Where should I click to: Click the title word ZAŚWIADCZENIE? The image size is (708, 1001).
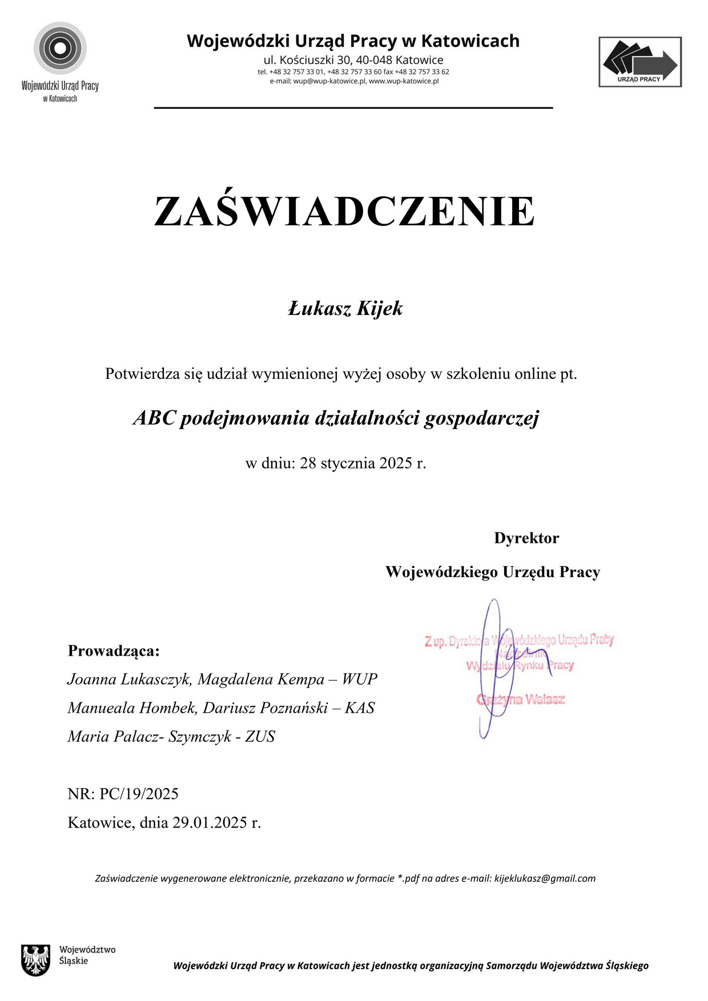pos(344,212)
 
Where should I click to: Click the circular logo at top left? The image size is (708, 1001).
pos(60,49)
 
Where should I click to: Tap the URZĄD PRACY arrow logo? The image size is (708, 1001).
pos(640,62)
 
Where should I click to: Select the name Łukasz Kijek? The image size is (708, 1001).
pos(345,309)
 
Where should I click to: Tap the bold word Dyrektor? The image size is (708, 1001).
pos(526,538)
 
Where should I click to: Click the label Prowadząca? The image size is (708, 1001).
pos(114,651)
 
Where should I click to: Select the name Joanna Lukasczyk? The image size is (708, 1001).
pos(128,679)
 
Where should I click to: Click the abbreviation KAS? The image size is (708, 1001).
pos(360,708)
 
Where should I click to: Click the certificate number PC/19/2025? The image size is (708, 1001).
pos(139,794)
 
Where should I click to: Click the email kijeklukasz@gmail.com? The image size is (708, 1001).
pos(545,878)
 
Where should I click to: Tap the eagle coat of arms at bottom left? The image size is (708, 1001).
pos(35,960)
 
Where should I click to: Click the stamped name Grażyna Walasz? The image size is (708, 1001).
pos(521,699)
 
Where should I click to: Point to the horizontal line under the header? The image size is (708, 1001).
pos(353,107)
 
